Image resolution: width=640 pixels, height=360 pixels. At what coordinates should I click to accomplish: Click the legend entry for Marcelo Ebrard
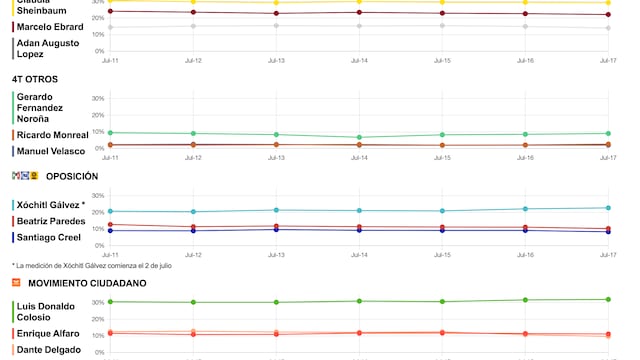(x=49, y=26)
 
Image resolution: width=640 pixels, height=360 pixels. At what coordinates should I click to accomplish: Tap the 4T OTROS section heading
(x=34, y=79)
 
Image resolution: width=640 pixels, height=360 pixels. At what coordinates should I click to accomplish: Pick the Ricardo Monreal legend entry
(x=52, y=134)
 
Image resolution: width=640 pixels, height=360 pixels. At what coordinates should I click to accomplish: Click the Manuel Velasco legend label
(x=51, y=151)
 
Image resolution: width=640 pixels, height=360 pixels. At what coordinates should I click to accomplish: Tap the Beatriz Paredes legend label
(x=50, y=220)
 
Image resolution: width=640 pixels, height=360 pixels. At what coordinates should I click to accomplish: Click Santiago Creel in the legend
(x=47, y=237)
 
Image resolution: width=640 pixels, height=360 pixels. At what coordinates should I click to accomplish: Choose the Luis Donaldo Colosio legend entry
(x=46, y=311)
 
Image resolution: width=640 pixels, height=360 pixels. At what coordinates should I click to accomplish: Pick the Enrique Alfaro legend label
(x=49, y=333)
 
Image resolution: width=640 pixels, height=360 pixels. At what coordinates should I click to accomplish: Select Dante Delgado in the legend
(x=49, y=350)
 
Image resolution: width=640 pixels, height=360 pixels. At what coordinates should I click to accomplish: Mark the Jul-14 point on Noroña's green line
(x=358, y=137)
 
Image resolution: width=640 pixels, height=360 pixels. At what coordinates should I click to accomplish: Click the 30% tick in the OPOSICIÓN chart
(x=98, y=196)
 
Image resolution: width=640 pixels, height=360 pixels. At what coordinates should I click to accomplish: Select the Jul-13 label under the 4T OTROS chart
(x=276, y=157)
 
